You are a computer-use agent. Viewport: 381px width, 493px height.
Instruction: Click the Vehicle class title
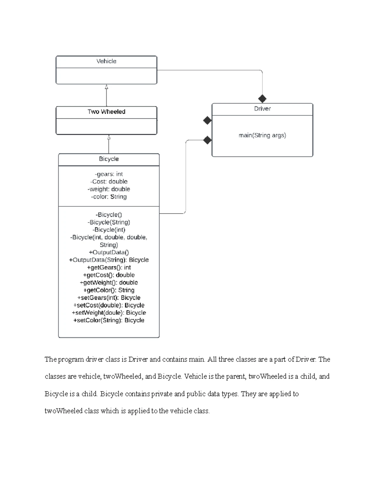(x=106, y=61)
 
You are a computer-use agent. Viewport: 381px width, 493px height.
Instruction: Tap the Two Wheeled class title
(x=106, y=112)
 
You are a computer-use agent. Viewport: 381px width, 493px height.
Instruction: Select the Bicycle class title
(x=109, y=159)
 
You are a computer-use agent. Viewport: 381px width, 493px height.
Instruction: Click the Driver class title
(x=262, y=109)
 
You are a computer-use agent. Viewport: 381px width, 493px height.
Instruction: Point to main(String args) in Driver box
(x=262, y=136)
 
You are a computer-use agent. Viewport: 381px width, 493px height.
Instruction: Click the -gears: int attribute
(x=109, y=174)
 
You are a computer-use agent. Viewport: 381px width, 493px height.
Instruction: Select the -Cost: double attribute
(x=109, y=182)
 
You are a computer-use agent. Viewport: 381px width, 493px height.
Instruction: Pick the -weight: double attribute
(x=109, y=189)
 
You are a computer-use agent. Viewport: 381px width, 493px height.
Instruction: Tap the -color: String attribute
(x=109, y=197)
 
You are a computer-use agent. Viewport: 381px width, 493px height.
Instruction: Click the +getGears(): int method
(x=109, y=268)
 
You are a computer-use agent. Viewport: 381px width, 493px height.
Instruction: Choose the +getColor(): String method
(x=109, y=290)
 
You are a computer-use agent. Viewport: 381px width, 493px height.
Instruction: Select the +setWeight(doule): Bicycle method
(x=109, y=313)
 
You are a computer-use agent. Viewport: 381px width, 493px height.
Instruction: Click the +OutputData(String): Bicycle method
(x=109, y=260)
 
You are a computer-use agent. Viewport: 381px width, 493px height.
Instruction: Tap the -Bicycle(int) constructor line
(x=109, y=230)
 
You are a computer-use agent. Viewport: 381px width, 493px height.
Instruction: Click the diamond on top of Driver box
(x=262, y=99)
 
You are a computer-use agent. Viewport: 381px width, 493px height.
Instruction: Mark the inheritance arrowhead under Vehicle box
(x=106, y=87)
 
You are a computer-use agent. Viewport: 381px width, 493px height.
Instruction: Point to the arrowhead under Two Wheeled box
(x=109, y=137)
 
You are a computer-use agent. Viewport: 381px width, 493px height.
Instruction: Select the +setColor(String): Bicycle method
(x=109, y=320)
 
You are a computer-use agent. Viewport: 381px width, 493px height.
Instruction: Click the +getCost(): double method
(x=109, y=275)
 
